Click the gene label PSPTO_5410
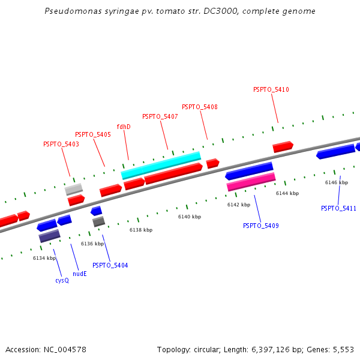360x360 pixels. (271, 89)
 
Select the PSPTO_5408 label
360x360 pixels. (200, 107)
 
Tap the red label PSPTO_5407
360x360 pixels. (160, 116)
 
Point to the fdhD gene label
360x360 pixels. (124, 127)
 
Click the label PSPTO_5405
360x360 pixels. (93, 134)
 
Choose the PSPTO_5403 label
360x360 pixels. (61, 144)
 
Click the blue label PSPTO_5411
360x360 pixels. (338, 208)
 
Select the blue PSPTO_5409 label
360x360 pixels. (261, 226)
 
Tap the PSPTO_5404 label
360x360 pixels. (110, 265)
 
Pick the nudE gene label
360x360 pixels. (80, 274)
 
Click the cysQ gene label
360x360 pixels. (62, 280)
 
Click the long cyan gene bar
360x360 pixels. (161, 166)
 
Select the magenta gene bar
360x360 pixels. (251, 182)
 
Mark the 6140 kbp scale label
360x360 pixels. (190, 217)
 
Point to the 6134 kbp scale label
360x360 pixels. (44, 258)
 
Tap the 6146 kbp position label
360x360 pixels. (337, 182)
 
